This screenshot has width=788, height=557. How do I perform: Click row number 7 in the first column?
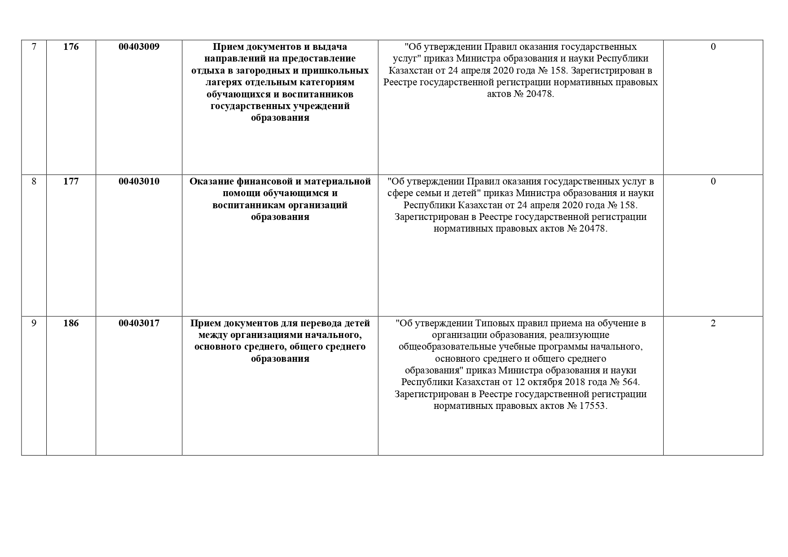point(34,47)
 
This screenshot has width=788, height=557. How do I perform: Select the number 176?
point(71,47)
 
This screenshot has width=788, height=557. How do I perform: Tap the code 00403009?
point(139,47)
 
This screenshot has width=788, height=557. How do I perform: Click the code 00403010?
point(139,181)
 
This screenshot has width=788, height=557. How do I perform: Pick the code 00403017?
point(139,323)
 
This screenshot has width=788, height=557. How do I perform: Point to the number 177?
point(71,181)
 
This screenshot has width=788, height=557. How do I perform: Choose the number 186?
point(71,323)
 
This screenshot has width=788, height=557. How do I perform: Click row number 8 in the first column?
point(34,181)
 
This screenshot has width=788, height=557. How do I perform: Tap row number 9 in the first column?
point(34,323)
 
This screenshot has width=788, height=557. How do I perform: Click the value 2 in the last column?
point(713,323)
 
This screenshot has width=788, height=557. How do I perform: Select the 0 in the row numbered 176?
point(713,47)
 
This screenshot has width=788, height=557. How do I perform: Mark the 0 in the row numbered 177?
point(713,181)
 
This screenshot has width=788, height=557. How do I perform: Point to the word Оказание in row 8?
point(209,181)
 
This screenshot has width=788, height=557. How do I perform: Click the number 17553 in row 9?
point(592,406)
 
